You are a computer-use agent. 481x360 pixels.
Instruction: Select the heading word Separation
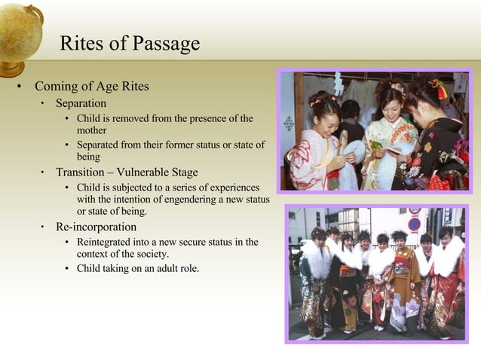81,103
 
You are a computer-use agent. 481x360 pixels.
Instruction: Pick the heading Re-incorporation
96,227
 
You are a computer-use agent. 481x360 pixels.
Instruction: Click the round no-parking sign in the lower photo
414,224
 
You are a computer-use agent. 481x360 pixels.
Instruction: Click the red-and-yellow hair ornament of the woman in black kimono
439,89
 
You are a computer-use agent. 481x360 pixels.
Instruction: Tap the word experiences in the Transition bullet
233,188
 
